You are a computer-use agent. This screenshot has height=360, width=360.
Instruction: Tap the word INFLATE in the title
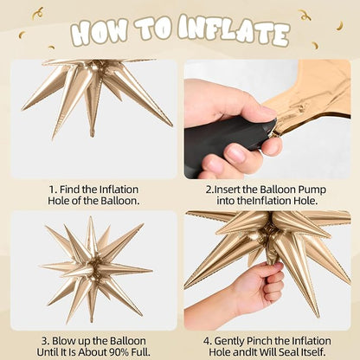click(234, 29)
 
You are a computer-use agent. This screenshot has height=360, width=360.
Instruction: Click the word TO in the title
click(152, 29)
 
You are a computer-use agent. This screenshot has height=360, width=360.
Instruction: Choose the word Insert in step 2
click(228, 190)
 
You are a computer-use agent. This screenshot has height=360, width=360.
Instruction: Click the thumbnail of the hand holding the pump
click(267, 119)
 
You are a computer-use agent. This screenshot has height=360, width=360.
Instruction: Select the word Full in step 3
click(140, 352)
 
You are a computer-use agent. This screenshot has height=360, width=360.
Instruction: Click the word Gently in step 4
click(227, 342)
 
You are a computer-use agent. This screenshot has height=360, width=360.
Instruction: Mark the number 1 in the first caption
click(52, 190)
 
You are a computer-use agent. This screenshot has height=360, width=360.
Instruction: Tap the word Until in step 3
click(48, 352)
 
